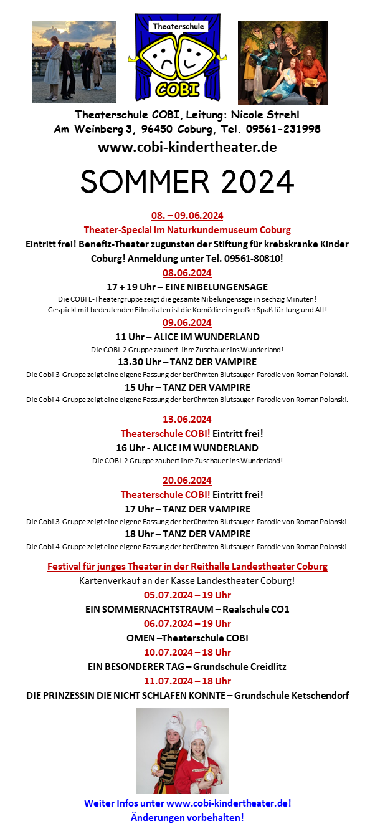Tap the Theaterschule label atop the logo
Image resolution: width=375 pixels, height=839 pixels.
tap(178, 26)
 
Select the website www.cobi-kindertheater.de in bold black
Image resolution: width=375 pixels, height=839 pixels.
tap(187, 148)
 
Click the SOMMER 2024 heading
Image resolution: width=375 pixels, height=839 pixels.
tap(187, 181)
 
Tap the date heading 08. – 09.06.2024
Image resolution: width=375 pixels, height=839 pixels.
tap(187, 216)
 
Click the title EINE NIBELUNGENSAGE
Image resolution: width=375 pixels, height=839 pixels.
tap(212, 287)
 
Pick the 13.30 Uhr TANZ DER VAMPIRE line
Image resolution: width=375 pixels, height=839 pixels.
tap(187, 362)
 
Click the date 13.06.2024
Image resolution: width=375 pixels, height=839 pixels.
tap(187, 419)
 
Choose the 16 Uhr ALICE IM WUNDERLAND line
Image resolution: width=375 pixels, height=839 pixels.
tap(187, 448)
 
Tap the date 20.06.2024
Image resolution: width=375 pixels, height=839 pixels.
tap(187, 480)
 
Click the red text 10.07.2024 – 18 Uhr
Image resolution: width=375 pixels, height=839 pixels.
tap(187, 652)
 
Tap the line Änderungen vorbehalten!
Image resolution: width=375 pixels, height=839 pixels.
tap(187, 817)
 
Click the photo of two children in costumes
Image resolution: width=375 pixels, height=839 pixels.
tap(182, 750)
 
